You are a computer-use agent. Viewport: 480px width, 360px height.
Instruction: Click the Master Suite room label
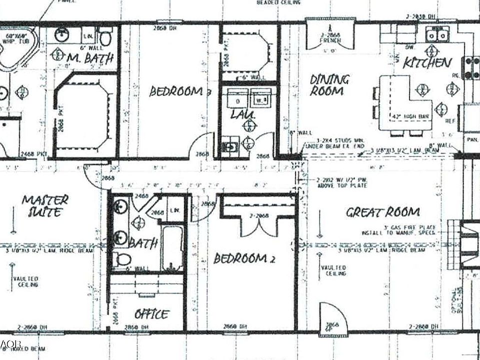(x=45, y=205)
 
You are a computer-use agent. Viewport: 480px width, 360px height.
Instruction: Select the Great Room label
(x=383, y=212)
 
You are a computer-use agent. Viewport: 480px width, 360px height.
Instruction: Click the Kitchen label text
(x=427, y=62)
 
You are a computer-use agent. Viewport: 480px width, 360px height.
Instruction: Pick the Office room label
(x=151, y=314)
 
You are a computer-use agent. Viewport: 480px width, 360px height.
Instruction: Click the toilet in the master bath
(x=105, y=37)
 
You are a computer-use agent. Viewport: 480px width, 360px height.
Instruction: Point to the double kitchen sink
(x=437, y=34)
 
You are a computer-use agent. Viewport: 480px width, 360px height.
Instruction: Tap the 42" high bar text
(x=410, y=116)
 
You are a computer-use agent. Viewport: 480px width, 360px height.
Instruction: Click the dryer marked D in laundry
(x=236, y=99)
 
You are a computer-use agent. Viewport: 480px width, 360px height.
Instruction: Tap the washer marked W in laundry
(x=260, y=98)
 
